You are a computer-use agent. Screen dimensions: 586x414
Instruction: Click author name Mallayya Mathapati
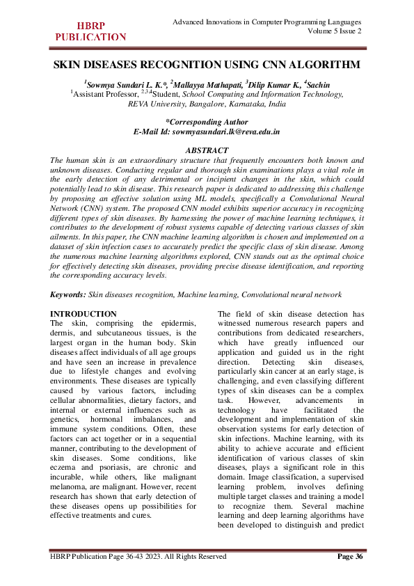(x=205, y=85)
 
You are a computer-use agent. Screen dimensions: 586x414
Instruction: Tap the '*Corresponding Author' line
(x=207, y=121)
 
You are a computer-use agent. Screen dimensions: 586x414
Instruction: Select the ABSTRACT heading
(x=207, y=150)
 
